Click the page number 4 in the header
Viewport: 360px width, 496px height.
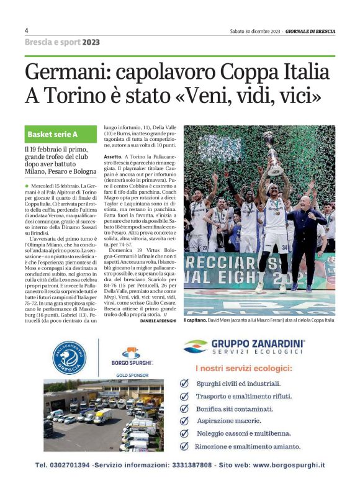27,30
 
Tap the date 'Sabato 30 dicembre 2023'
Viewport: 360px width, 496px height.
254,31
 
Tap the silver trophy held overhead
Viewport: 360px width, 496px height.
273,152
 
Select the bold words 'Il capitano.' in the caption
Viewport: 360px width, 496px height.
197,320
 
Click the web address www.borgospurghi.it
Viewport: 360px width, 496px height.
289,464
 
